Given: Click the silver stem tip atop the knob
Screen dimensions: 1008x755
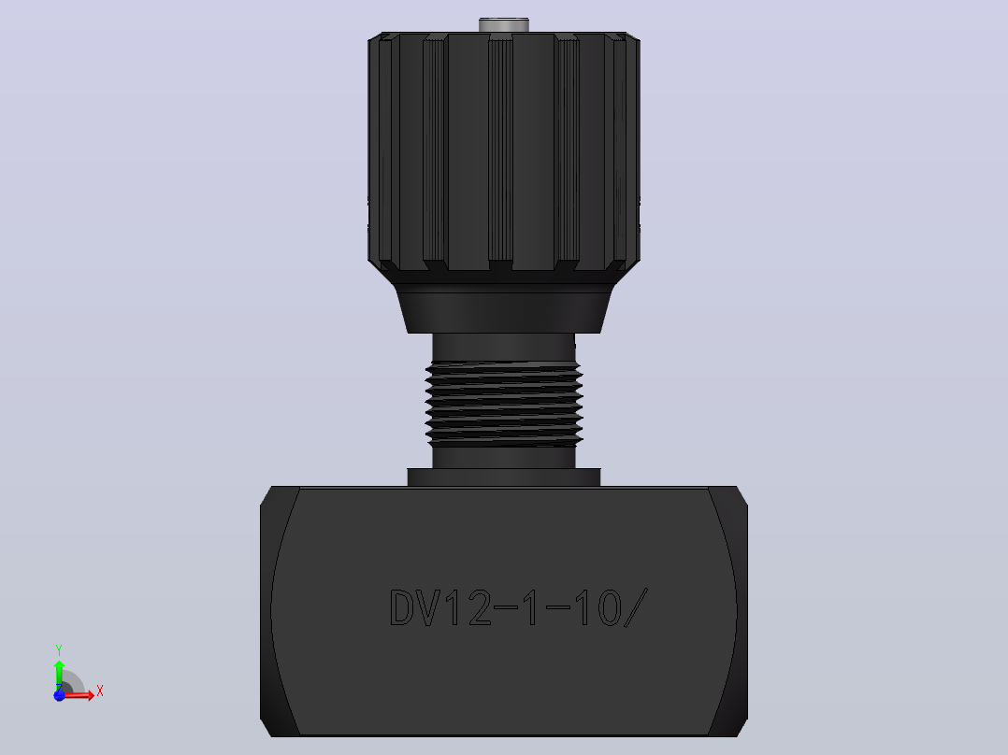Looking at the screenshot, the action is click(503, 24).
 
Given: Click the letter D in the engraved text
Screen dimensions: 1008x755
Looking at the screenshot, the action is click(403, 607).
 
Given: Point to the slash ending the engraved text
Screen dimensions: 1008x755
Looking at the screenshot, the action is click(636, 607).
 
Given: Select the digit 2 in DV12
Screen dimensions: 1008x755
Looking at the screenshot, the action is click(481, 607).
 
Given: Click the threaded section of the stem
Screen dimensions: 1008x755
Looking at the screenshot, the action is click(504, 404).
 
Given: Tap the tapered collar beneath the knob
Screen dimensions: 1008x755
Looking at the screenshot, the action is click(504, 308).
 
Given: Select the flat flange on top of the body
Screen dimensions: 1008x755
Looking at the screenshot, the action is click(504, 477).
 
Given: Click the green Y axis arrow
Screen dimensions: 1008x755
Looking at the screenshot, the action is click(59, 675).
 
